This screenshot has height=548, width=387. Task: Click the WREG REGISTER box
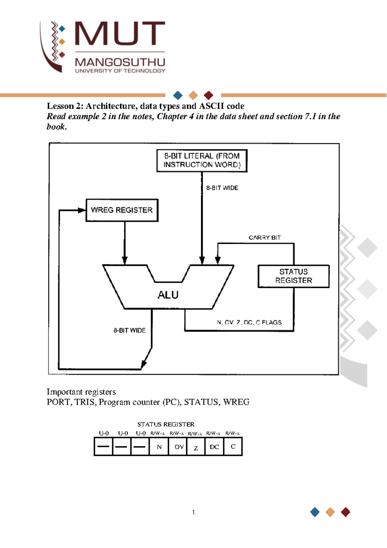coord(122,210)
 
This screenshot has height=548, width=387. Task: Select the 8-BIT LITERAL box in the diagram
coord(202,160)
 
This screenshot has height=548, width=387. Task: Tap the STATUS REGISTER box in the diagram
coord(293,276)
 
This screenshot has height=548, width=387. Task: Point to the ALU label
coord(168,295)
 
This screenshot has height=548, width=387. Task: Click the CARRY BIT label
coord(264,238)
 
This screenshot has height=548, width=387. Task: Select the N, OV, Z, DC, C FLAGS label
coord(249,322)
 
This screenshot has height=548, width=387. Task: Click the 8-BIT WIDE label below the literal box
coord(222,188)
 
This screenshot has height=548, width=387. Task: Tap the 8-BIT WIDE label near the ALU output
coord(129,330)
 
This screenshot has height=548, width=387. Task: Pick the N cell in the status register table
coord(159,447)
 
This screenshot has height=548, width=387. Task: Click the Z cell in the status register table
coord(196,448)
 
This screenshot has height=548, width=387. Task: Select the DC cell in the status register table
coord(214,447)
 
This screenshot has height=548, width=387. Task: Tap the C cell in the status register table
coord(233,447)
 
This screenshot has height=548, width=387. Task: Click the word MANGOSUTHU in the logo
coord(120,62)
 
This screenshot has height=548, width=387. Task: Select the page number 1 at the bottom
coord(193,512)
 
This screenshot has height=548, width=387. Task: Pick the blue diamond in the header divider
coord(178,95)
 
